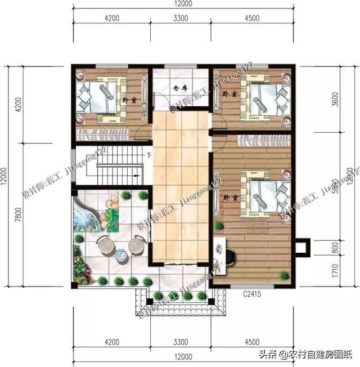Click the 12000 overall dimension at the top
(x=182, y=4)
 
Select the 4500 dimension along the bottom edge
(x=252, y=342)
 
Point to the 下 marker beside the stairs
(x=148, y=155)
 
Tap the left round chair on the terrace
(x=105, y=245)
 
